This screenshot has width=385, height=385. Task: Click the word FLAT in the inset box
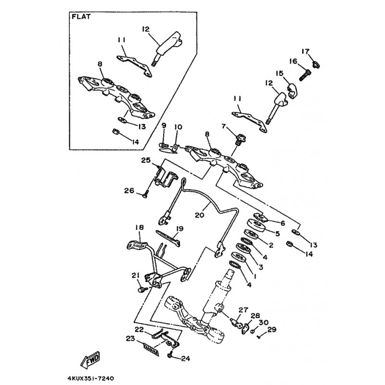tap(81, 17)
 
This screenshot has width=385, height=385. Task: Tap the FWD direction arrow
tap(90, 359)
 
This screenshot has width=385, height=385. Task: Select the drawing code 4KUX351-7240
tap(91, 378)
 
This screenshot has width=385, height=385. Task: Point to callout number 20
tap(199, 215)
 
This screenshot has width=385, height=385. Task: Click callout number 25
tap(146, 160)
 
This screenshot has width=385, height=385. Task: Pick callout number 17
tap(306, 51)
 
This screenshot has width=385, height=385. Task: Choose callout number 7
tap(223, 126)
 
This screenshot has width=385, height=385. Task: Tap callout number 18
tap(139, 227)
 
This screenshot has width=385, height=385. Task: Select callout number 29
tap(272, 329)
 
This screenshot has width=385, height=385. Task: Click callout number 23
tap(130, 339)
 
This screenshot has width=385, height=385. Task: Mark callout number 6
tap(282, 223)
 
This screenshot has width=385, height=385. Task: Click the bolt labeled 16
tap(305, 75)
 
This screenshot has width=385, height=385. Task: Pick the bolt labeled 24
tap(170, 355)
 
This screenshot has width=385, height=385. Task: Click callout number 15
tap(279, 73)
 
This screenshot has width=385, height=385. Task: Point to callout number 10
tap(178, 127)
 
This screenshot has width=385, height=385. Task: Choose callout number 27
tap(244, 310)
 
